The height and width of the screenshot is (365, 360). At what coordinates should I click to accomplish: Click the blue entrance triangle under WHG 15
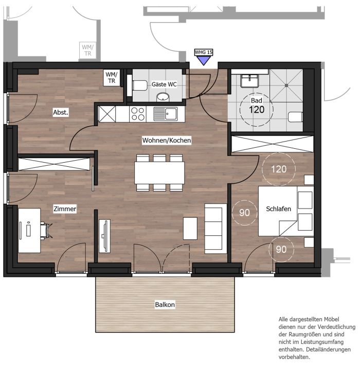click(204, 60)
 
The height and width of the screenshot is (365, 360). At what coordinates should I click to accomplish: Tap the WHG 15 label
click(204, 52)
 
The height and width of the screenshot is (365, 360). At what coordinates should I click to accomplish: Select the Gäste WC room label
click(164, 84)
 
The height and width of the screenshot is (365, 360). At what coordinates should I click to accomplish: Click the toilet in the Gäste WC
click(140, 85)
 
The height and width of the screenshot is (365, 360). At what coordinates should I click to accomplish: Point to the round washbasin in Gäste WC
click(163, 97)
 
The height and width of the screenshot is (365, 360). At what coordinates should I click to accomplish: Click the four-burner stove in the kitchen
click(138, 114)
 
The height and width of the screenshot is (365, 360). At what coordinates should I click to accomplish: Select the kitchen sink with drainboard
click(166, 114)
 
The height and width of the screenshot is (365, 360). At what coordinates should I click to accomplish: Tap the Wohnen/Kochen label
click(167, 141)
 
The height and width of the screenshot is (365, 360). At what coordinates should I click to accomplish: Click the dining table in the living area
click(159, 173)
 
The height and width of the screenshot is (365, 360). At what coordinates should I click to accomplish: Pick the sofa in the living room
click(215, 229)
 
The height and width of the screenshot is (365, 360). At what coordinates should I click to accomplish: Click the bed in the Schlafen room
click(286, 211)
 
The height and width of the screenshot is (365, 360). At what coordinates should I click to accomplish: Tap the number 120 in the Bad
click(257, 110)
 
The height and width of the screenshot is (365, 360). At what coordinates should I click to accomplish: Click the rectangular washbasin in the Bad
click(249, 81)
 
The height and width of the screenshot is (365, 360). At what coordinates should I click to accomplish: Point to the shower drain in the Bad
click(286, 85)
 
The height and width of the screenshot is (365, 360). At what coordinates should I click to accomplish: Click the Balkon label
click(165, 305)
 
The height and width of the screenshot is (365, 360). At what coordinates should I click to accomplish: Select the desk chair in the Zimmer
click(46, 230)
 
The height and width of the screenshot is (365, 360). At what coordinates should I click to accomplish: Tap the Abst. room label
click(61, 112)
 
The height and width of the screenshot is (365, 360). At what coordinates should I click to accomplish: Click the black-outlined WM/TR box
click(112, 78)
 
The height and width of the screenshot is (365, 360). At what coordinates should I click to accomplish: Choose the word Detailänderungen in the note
click(329, 350)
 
